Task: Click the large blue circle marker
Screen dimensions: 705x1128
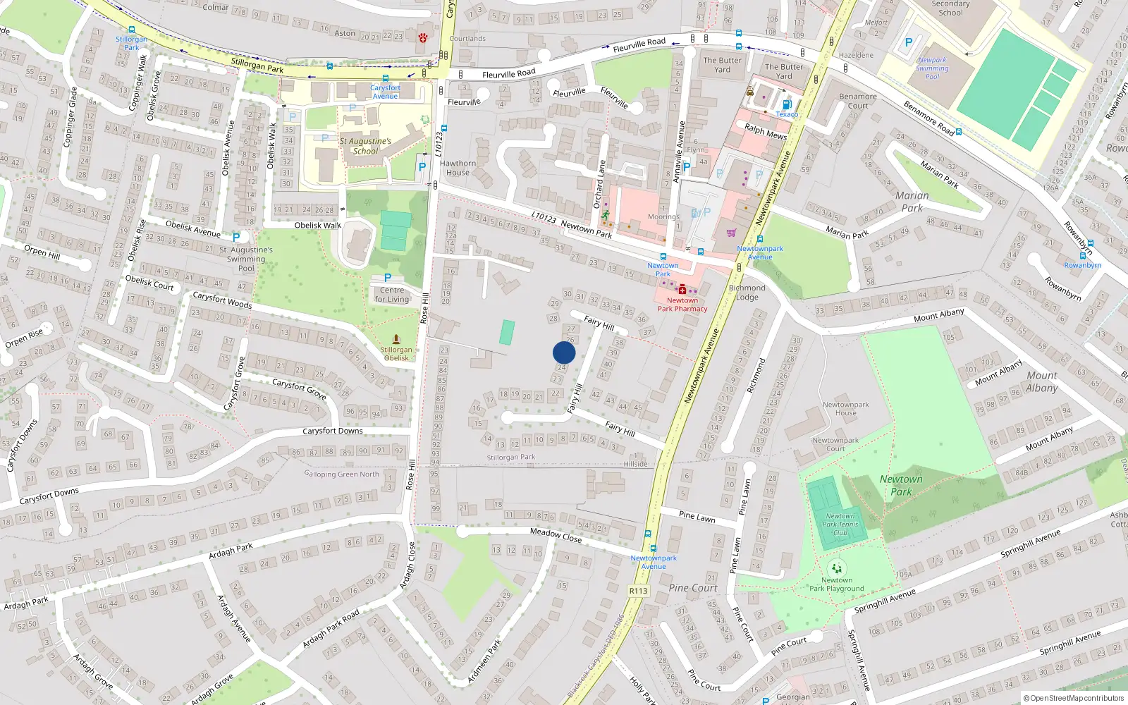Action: [564, 352]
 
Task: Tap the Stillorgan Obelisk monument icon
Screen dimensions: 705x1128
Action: [396, 339]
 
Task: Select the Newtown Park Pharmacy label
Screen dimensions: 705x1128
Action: [682, 305]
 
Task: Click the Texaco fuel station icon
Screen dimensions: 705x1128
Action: [787, 104]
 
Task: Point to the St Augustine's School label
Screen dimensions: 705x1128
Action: [365, 146]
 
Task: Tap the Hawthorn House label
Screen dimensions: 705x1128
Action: [458, 168]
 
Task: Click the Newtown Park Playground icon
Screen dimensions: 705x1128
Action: [837, 568]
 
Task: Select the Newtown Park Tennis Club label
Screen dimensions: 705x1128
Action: [840, 525]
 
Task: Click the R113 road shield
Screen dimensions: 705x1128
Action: [638, 591]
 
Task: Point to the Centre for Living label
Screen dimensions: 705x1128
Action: [392, 295]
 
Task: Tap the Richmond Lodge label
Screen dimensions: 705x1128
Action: [747, 293]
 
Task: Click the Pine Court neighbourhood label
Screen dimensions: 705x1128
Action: [693, 588]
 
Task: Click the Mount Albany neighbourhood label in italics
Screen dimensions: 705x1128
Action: [1042, 381]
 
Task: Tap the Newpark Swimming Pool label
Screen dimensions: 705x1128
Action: [932, 68]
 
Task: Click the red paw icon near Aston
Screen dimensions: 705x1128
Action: [423, 37]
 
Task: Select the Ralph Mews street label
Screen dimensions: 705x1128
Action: [766, 131]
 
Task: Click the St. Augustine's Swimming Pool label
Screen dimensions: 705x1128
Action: [246, 259]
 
